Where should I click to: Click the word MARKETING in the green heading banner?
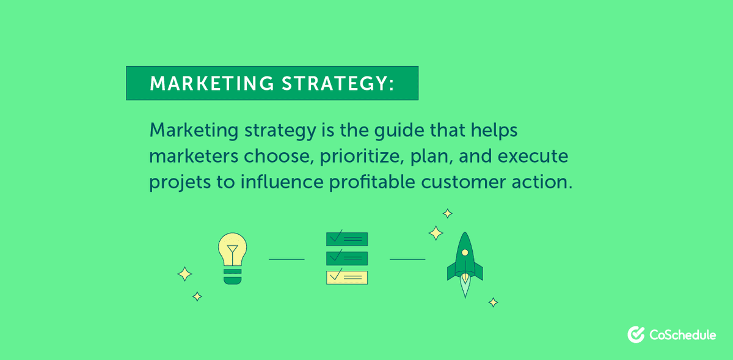208,84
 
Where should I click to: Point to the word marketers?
193,156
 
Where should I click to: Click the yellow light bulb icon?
232,250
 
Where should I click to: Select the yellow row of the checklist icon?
347,277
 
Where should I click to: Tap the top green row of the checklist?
347,238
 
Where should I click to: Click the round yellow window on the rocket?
465,252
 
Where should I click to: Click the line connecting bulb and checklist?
286,259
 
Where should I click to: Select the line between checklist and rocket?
407,259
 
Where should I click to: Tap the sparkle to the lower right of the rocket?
493,302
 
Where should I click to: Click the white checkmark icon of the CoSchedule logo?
636,334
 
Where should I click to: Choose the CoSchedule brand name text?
683,335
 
